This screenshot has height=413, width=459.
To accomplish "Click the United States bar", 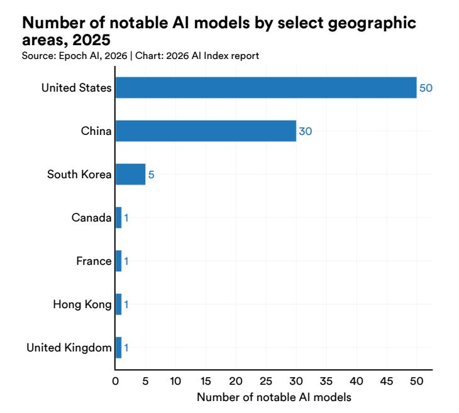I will click(265, 88).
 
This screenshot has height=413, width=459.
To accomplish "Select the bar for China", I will click(205, 131).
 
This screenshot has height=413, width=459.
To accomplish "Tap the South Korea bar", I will click(130, 174).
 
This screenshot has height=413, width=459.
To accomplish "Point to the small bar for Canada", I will click(118, 218).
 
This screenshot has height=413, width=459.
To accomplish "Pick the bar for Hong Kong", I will click(118, 304).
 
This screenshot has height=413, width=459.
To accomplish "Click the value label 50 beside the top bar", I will click(426, 88).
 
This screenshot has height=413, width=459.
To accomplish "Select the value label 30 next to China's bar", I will click(305, 131).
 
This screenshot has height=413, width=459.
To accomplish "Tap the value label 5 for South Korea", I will click(151, 174).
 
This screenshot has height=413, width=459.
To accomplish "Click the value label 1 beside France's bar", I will click(126, 261).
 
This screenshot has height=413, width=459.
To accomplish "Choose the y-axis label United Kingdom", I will click(69, 348).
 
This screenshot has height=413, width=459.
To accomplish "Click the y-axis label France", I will click(94, 261).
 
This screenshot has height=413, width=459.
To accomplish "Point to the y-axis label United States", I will click(77, 88).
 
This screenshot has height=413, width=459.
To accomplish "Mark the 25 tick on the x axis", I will click(266, 381).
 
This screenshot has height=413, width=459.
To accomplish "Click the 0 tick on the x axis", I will click(116, 381).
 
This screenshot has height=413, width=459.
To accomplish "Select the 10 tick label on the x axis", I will click(175, 381).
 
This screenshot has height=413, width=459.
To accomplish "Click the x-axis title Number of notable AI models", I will click(274, 397).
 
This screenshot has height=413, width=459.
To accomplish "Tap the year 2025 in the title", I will click(92, 40).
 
